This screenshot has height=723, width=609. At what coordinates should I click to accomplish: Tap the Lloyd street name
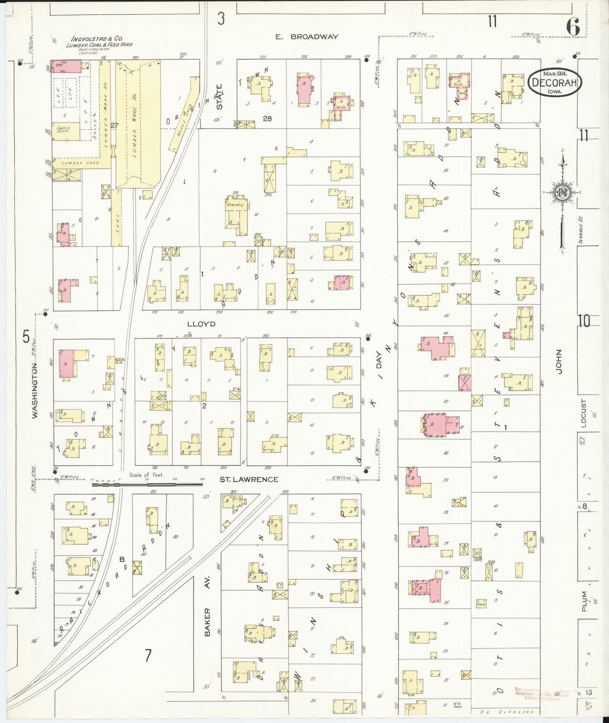201,324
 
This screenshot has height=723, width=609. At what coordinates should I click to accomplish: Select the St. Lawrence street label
249,479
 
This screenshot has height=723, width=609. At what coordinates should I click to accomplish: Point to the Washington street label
35,391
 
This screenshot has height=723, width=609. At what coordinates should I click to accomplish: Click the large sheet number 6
573,28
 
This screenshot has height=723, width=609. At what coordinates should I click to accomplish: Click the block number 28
267,119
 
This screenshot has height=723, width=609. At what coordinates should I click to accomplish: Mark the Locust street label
584,413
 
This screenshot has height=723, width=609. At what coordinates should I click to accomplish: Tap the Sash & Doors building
65,132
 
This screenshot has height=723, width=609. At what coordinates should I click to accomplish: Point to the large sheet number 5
26,337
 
